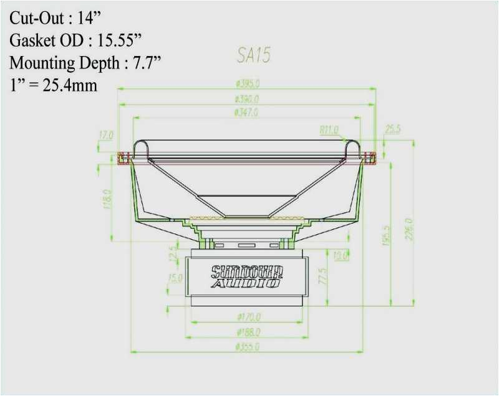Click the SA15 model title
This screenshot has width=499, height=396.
pyautogui.click(x=253, y=56)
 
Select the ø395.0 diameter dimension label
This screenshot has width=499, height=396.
pyautogui.click(x=247, y=83)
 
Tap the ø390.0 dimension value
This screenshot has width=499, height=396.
pyautogui.click(x=247, y=98)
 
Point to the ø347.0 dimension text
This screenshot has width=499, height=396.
pyautogui.click(x=246, y=113)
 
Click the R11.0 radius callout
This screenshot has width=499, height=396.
pyautogui.click(x=329, y=130)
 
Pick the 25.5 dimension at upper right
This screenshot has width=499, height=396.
pyautogui.click(x=393, y=130)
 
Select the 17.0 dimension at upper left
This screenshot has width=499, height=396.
pyautogui.click(x=105, y=134)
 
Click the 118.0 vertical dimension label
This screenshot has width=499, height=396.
pyautogui.click(x=107, y=200)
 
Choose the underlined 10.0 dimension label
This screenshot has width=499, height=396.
pyautogui.click(x=341, y=255)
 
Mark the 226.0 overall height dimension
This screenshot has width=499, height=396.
pyautogui.click(x=409, y=231)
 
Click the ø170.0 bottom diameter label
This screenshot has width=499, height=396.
pyautogui.click(x=248, y=318)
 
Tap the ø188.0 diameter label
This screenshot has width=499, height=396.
pyautogui.click(x=248, y=332)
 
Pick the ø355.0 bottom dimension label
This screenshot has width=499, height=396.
pyautogui.click(x=247, y=347)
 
